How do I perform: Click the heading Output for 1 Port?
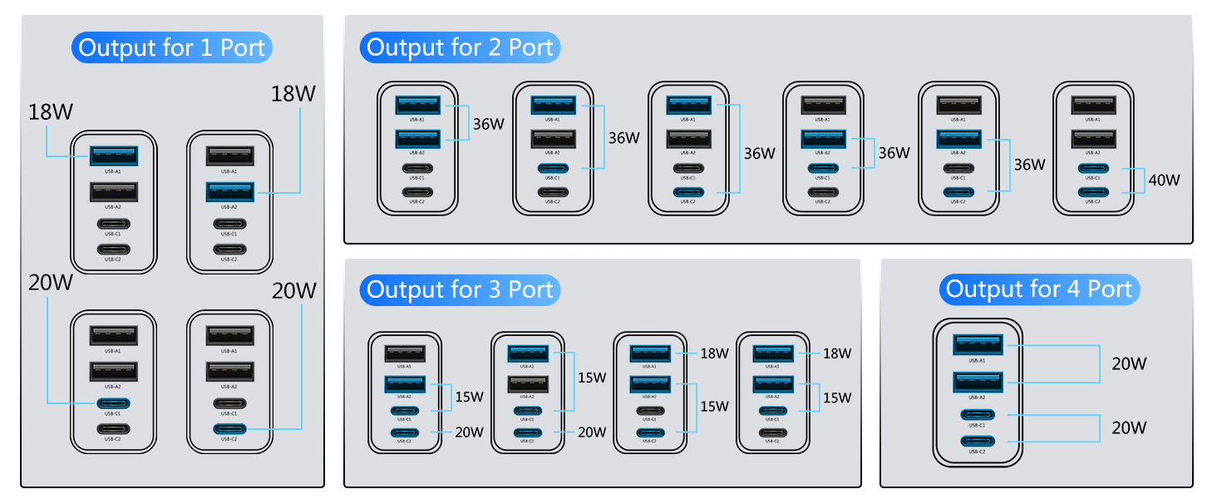pos(172,47)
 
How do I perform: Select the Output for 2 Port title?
pos(460,47)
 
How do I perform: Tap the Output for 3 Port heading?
pos(460,289)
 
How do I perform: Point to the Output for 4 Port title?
pos(1039,289)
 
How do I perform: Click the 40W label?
pos(1164,179)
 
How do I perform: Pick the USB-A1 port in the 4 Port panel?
pos(978,344)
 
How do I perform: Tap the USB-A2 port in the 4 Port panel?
pos(978,382)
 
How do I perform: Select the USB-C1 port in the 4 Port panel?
pos(978,415)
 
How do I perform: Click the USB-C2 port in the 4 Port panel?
pos(978,441)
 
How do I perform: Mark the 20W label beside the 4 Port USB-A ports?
pos(1129,363)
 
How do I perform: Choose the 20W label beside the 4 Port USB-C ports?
pos(1129,427)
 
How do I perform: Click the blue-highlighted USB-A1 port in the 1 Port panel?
pos(114,155)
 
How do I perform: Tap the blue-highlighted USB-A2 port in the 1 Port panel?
pos(230,191)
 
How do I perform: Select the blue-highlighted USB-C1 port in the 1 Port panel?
pos(114,403)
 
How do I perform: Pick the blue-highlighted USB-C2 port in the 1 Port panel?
pos(230,429)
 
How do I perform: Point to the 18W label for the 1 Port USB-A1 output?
pos(51,111)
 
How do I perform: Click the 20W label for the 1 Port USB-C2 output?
pos(294,291)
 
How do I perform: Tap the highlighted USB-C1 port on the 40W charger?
pos(1093,169)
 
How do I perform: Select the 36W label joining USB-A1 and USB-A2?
pos(489,124)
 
